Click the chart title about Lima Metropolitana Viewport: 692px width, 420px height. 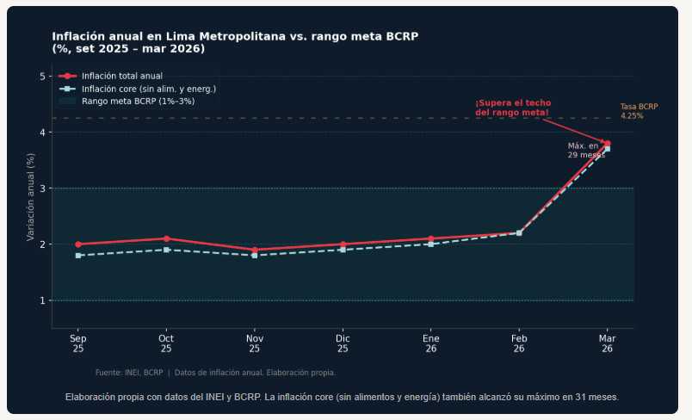click(x=235, y=42)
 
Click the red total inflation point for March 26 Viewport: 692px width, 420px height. click(x=607, y=143)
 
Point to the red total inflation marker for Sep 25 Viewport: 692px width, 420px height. click(x=78, y=244)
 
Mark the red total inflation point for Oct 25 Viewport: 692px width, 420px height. click(x=166, y=238)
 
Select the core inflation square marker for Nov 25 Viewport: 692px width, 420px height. click(x=254, y=256)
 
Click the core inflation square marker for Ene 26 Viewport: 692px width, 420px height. click(x=430, y=244)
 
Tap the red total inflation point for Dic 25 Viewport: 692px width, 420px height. click(x=343, y=244)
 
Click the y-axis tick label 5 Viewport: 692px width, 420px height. click(x=41, y=77)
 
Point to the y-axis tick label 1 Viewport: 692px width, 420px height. click(x=41, y=300)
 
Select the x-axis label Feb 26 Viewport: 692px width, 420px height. click(x=519, y=343)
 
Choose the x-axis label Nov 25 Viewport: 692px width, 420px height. click(x=254, y=343)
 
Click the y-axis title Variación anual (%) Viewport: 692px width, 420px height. click(x=30, y=197)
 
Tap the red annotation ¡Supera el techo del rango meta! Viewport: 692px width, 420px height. click(x=513, y=108)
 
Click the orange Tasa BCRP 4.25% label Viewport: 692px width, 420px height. click(x=638, y=111)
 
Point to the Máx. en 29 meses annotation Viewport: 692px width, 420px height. click(x=584, y=151)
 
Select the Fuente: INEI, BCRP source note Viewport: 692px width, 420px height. click(x=215, y=373)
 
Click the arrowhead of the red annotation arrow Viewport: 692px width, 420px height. click(x=604, y=142)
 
